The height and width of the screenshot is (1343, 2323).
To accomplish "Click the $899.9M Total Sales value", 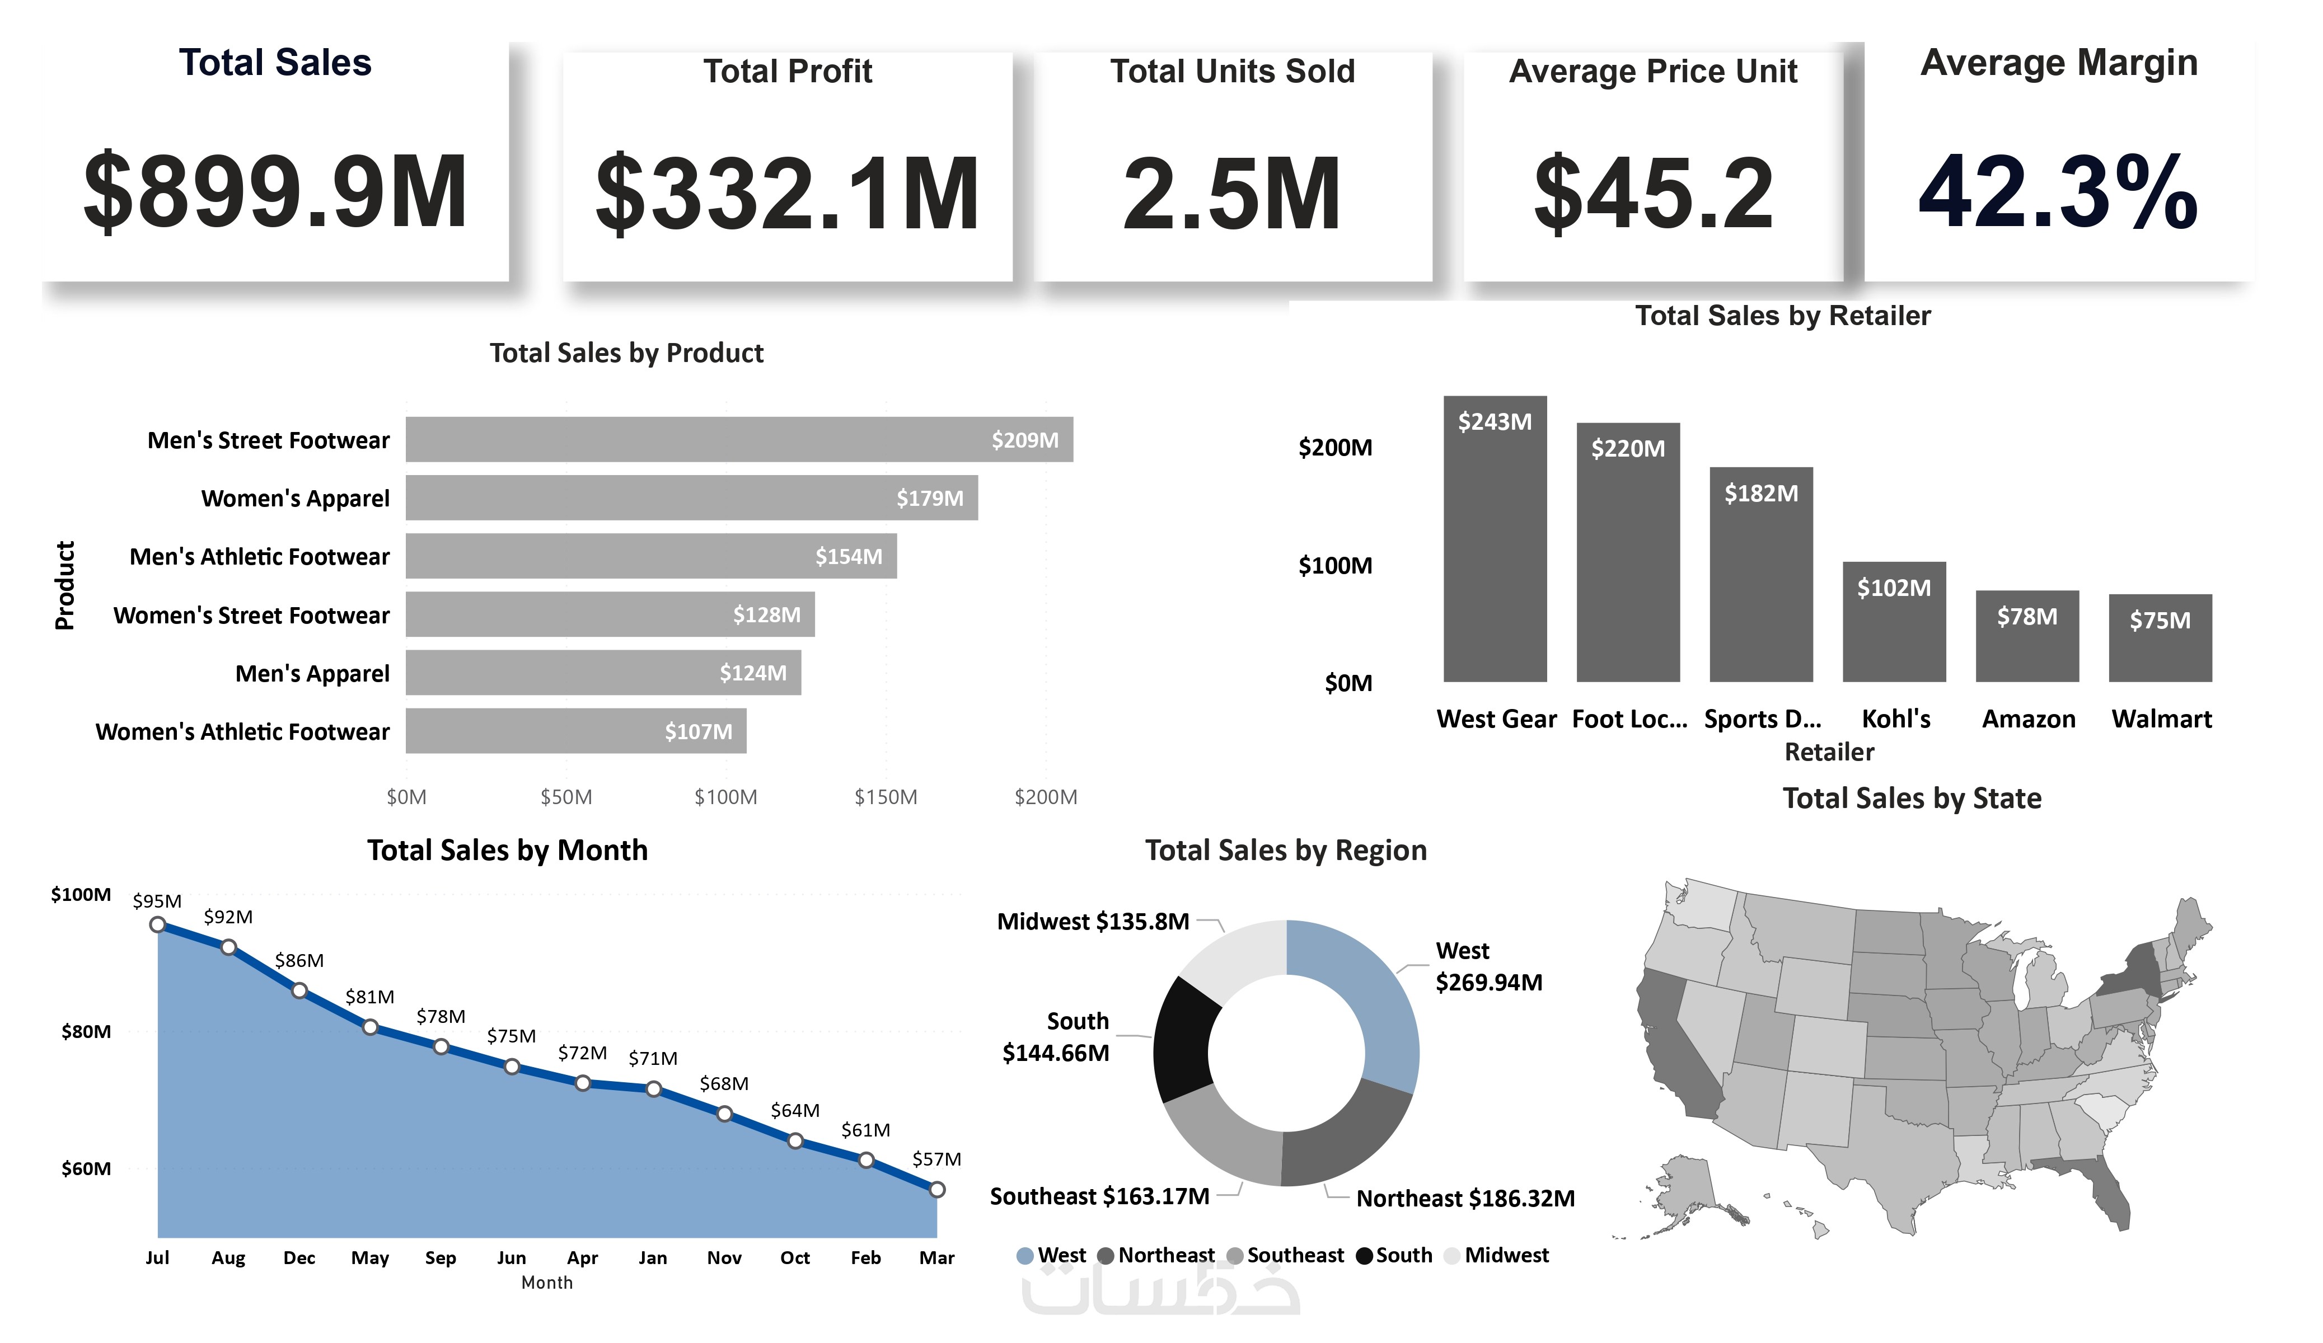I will (275, 192).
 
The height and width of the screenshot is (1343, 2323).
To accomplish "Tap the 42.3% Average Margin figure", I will (2058, 192).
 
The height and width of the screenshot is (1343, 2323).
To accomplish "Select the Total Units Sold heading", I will (1233, 71).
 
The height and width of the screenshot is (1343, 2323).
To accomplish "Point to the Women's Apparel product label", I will (295, 499).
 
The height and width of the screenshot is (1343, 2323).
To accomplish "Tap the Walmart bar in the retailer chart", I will (2160, 641).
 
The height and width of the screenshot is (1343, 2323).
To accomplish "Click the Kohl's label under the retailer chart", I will (1895, 719).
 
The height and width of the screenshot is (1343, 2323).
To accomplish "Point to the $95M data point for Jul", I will (158, 924).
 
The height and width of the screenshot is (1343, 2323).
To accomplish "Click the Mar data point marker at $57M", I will (936, 1190).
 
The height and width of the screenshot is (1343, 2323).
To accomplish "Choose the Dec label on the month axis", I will (299, 1258).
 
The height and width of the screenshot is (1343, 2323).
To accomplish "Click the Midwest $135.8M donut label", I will (1092, 922).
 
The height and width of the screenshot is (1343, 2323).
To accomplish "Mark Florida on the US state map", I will (2111, 1194).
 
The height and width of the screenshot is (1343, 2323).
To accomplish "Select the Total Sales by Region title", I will (1286, 850).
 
